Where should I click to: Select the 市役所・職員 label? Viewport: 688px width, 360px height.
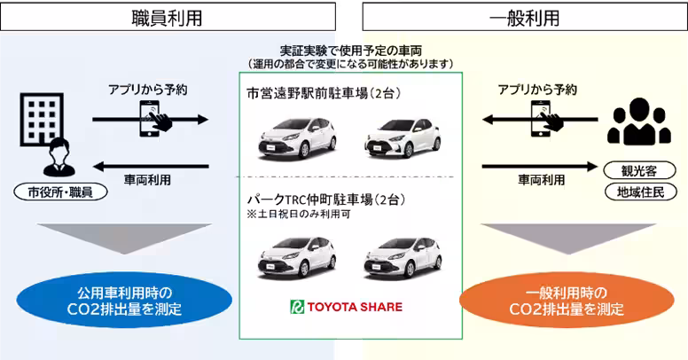tap(59, 191)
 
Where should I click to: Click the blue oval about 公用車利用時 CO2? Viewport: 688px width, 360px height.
tap(122, 300)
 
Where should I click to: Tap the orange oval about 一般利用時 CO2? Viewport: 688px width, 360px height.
tap(567, 300)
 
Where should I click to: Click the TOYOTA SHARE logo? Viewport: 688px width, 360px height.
tap(347, 308)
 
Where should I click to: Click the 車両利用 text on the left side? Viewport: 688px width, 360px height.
tap(146, 180)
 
